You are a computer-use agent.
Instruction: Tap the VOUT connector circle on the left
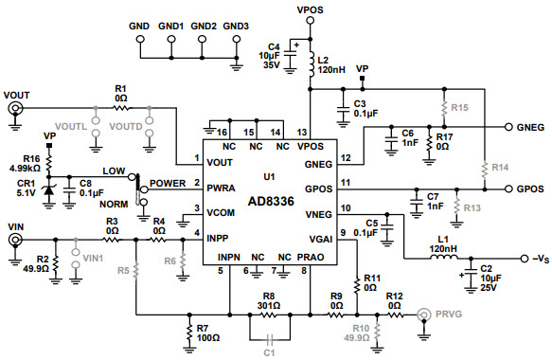coord(16,110)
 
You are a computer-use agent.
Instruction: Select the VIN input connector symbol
coord(16,241)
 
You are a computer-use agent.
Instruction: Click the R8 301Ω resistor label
coord(270,300)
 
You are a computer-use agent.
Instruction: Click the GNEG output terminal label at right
coord(531,126)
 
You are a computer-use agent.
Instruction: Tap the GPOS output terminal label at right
coord(531,189)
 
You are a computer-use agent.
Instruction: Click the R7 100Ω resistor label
coord(208,333)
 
